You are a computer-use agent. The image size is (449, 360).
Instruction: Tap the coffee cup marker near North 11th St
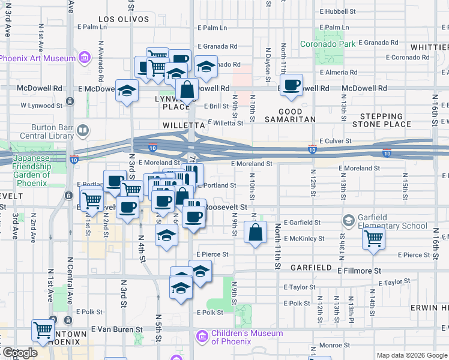(x=291, y=85)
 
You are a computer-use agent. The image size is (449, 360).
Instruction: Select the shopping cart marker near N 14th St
(x=373, y=238)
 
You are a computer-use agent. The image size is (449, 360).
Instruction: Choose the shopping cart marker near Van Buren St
(x=43, y=329)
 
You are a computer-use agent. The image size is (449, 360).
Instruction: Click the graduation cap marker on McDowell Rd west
(x=127, y=91)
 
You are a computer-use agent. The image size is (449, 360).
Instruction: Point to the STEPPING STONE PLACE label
(x=382, y=121)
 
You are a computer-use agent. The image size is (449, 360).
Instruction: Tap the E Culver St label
(x=335, y=140)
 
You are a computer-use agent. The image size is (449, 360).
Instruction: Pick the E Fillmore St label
(x=359, y=271)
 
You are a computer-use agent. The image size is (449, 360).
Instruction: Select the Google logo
(x=20, y=353)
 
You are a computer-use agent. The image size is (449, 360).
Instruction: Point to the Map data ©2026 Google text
(x=411, y=355)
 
